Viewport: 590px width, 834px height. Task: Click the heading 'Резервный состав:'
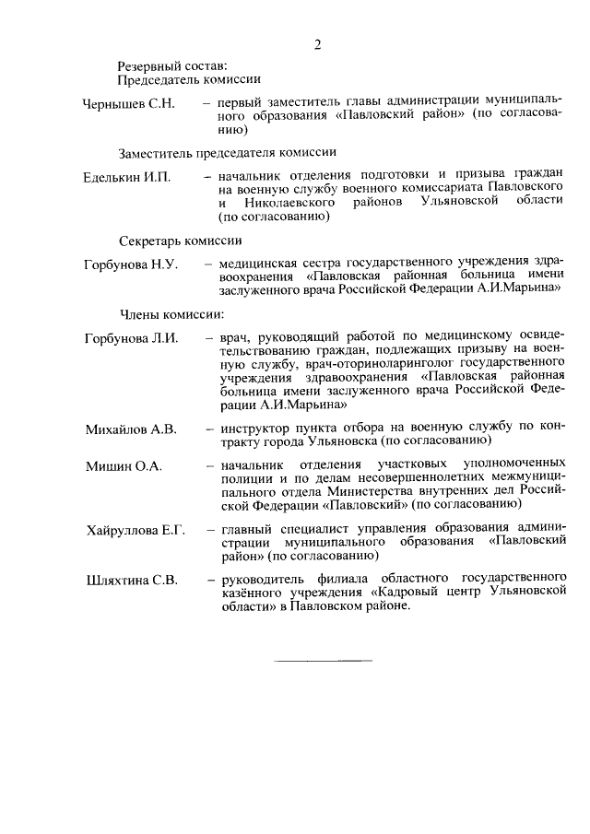pos(171,65)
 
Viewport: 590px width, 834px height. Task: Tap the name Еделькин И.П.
pos(127,175)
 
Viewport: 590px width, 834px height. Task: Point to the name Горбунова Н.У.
pos(130,264)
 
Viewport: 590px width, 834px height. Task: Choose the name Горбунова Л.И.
pos(130,338)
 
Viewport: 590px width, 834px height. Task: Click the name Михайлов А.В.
pos(131,429)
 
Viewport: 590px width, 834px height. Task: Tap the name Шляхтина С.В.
pos(130,581)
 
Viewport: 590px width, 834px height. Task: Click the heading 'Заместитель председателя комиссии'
pos(226,151)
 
